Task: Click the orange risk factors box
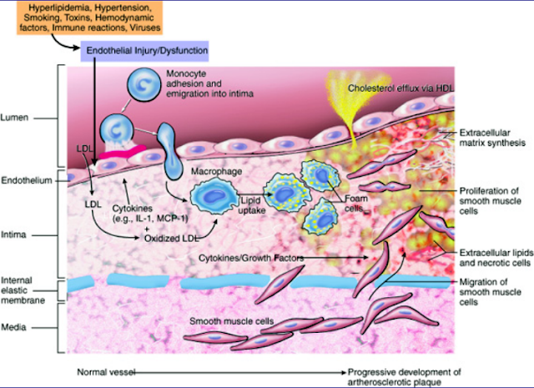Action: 89,18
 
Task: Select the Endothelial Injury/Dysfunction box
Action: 144,51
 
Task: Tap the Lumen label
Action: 14,118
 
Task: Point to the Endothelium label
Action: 27,180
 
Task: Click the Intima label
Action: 13,235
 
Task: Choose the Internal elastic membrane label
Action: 23,290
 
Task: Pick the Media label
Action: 13,327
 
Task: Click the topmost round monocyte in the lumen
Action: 144,84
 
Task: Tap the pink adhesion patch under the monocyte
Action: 123,151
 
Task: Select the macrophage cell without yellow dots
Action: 214,197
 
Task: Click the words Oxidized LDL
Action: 171,239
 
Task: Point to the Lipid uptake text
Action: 252,205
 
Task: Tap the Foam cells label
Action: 356,204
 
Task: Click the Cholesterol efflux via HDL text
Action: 400,88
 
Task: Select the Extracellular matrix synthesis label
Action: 492,138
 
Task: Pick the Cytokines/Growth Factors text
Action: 251,258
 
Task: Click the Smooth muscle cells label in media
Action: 232,321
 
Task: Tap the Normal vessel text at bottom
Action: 106,372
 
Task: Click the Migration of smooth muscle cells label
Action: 491,292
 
